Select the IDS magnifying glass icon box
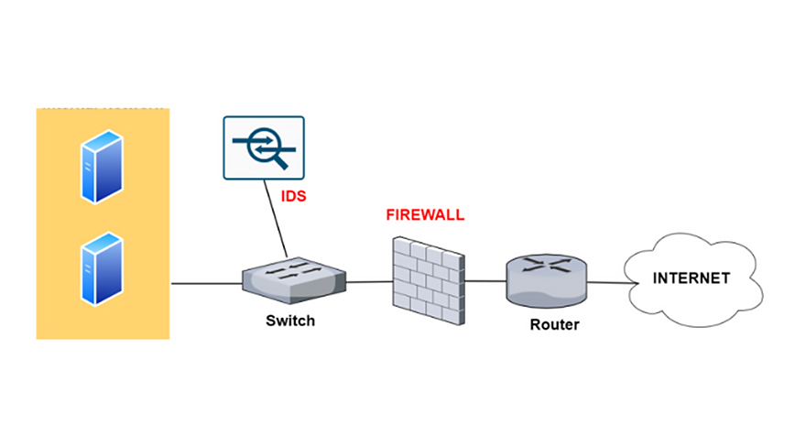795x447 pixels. point(264,147)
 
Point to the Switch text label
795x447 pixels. point(289,321)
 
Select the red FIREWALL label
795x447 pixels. point(425,215)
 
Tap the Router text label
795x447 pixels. point(554,324)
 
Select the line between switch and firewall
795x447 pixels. point(369,282)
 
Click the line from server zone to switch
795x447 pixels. point(206,283)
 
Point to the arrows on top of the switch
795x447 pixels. point(292,272)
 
